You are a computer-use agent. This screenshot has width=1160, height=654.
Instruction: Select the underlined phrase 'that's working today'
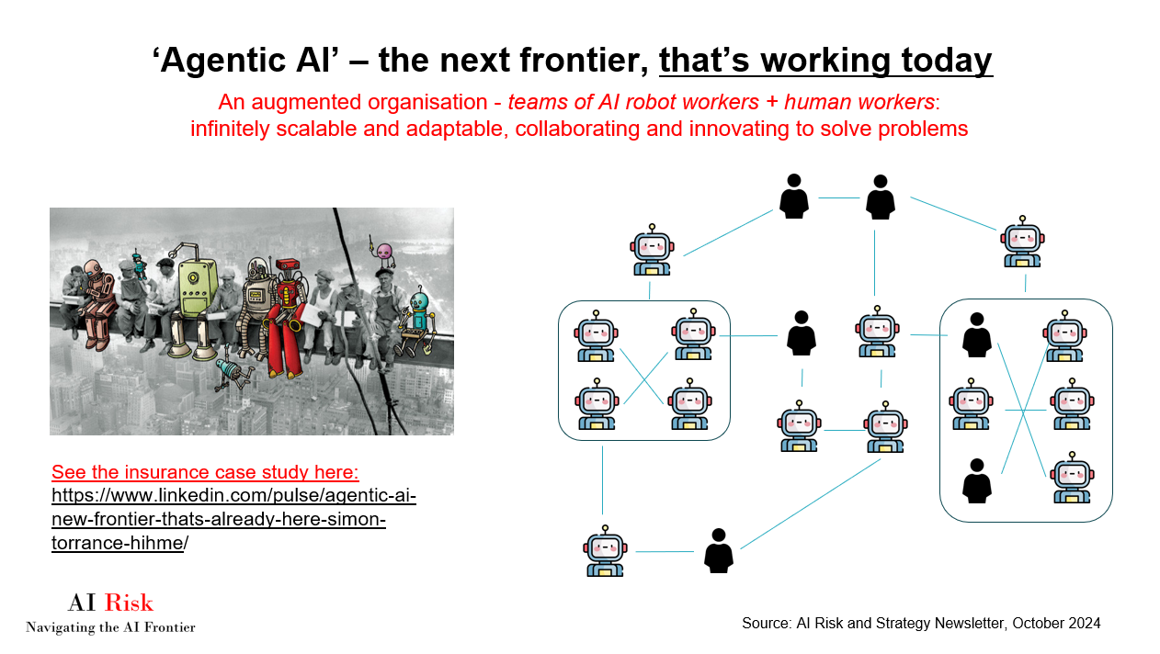point(825,61)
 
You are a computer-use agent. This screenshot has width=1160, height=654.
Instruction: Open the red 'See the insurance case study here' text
point(205,472)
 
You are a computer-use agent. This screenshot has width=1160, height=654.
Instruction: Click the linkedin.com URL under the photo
point(233,520)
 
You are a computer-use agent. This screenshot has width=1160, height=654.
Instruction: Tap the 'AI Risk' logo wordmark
point(110,603)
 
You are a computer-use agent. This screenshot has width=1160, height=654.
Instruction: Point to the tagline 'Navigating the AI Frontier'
point(110,628)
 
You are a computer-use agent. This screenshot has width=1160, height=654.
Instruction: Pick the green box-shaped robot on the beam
point(199,294)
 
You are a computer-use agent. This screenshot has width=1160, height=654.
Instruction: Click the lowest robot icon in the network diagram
point(605,551)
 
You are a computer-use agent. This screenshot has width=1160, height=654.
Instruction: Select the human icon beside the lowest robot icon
point(718,551)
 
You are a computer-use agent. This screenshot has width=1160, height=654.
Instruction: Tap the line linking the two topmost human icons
point(837,197)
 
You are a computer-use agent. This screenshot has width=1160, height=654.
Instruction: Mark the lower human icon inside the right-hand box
point(976,480)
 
